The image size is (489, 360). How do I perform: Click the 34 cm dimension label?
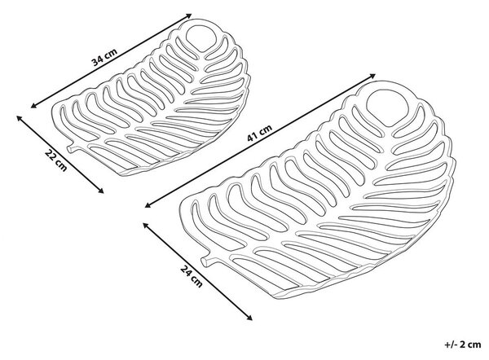(x=105, y=57)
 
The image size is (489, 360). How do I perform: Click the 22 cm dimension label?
(x=56, y=160)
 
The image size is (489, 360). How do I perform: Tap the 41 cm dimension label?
(x=259, y=133)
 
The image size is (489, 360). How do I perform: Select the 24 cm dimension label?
(x=192, y=276)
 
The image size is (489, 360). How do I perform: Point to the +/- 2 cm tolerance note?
(x=463, y=345)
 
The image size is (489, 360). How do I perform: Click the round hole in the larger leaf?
(x=387, y=108)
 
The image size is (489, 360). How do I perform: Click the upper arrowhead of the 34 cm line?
(x=189, y=15)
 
